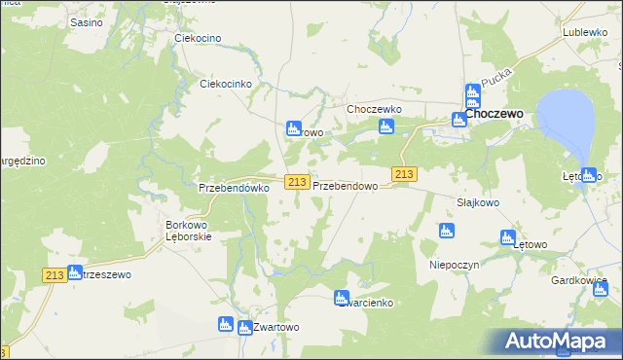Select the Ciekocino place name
198,38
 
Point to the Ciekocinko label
226,84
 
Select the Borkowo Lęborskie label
196,229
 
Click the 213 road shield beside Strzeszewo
55,275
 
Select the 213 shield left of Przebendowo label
298,182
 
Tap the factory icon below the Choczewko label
386,127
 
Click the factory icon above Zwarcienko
341,298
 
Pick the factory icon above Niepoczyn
446,231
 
